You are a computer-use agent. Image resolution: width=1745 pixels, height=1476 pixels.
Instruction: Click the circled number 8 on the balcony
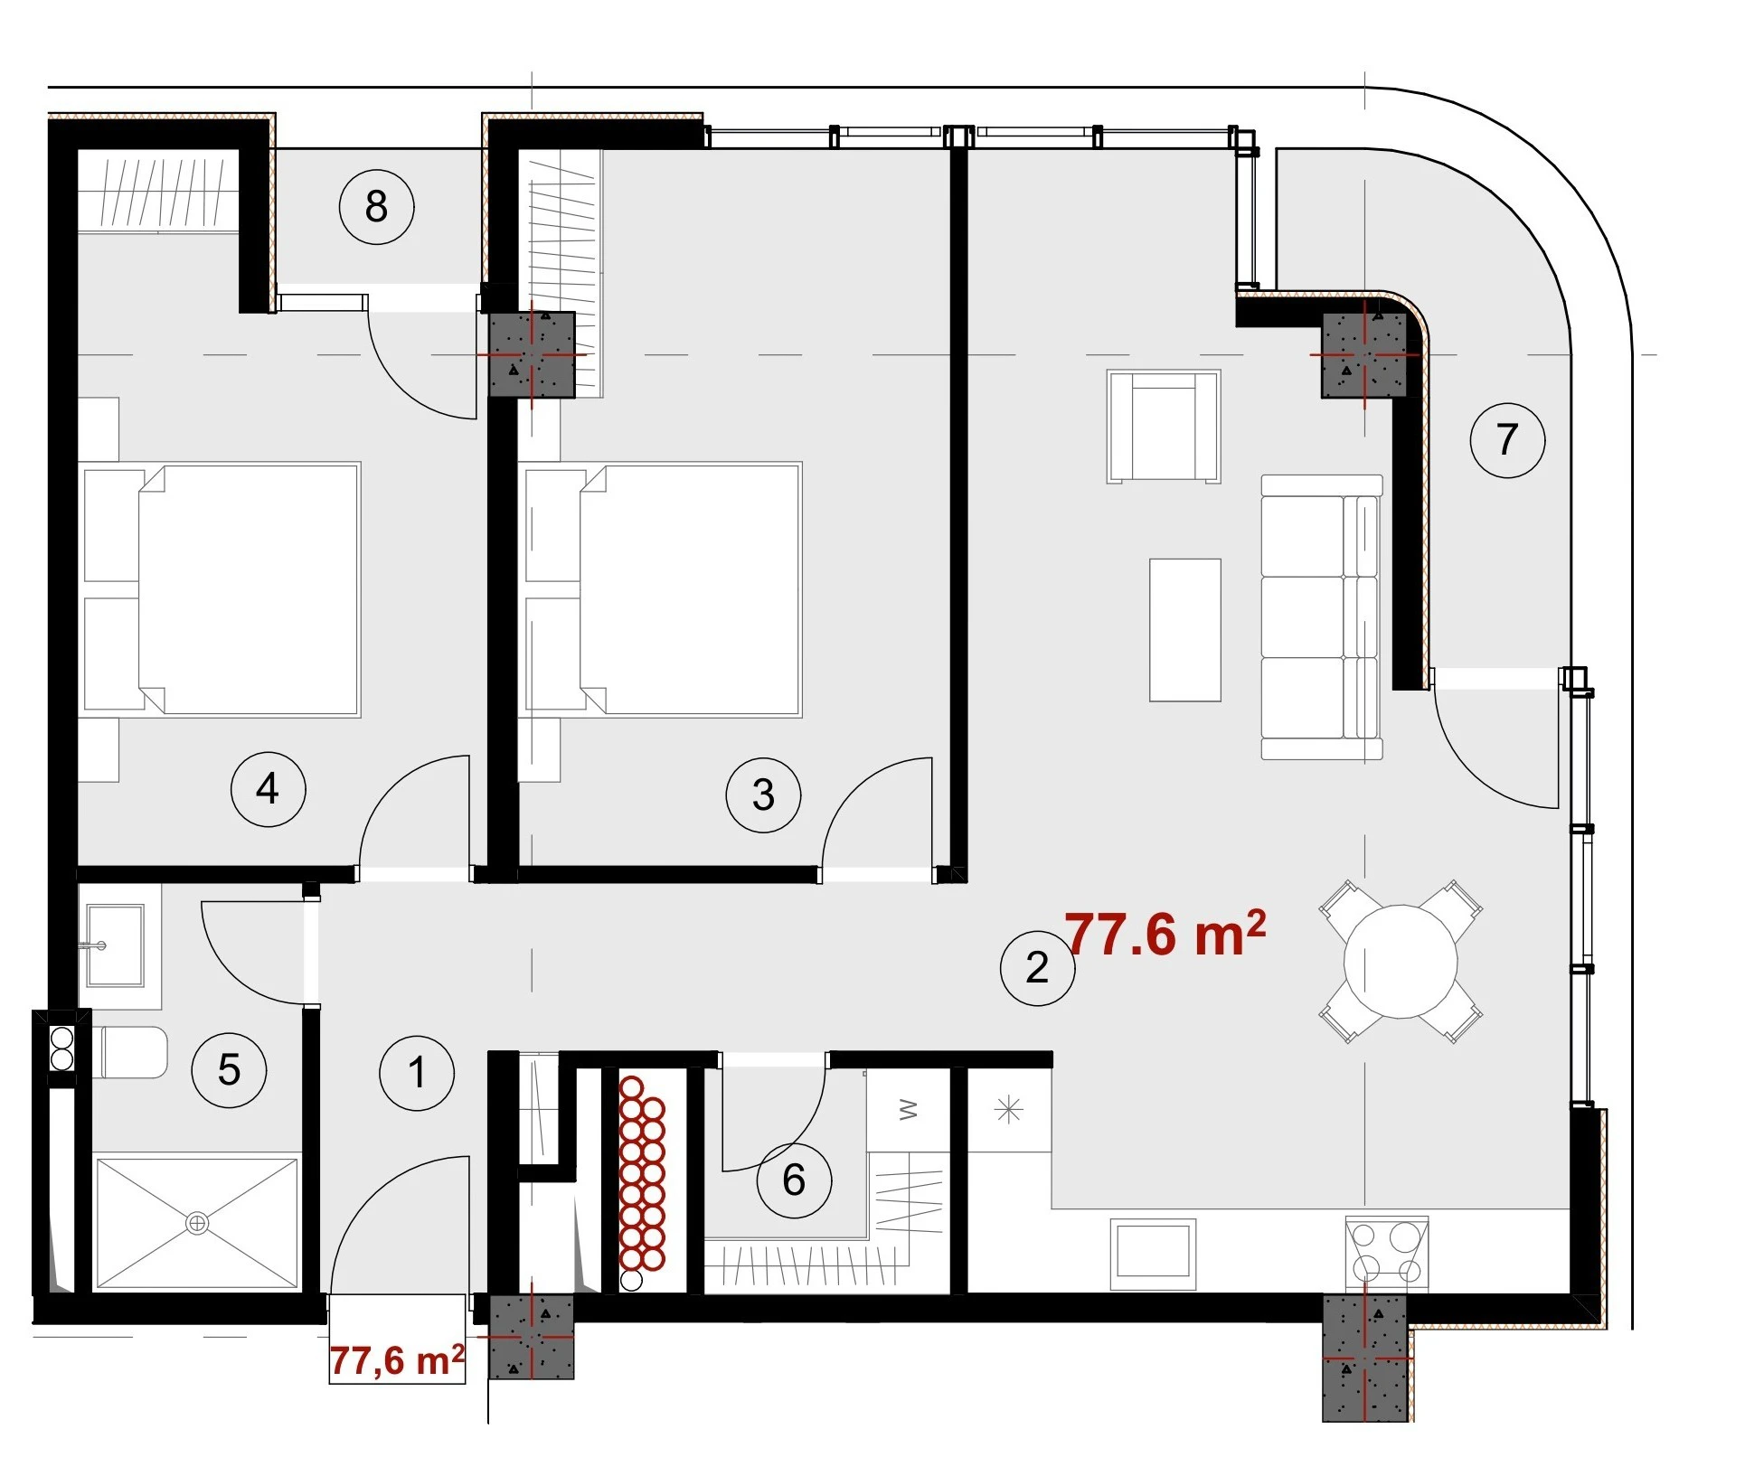[377, 207]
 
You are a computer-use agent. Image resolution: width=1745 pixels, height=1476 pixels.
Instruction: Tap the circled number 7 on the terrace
[1507, 440]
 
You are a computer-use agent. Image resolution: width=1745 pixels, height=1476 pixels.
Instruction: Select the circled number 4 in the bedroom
[269, 789]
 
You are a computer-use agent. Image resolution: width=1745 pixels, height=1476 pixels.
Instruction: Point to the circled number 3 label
[763, 795]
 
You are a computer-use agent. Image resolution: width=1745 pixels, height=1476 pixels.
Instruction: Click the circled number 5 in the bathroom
[230, 1070]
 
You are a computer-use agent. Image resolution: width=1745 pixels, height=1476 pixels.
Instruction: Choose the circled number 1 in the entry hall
[417, 1073]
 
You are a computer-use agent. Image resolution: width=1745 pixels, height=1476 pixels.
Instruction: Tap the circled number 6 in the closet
[794, 1180]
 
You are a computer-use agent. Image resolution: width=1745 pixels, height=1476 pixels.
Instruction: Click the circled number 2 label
[1038, 968]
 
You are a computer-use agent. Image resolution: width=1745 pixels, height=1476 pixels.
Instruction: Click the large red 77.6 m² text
[1165, 933]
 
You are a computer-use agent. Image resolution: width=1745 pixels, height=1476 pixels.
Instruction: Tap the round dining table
[1401, 962]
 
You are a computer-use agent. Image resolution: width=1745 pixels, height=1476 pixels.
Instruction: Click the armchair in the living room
[1164, 427]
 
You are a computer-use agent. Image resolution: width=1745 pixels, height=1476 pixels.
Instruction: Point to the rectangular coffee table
[1185, 630]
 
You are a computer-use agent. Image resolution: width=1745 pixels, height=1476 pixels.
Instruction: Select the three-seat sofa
[1322, 617]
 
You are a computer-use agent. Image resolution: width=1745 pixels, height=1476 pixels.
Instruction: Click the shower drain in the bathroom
[197, 1224]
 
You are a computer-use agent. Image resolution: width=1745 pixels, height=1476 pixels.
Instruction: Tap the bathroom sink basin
[115, 945]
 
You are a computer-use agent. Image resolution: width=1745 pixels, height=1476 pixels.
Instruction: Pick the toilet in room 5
[130, 1052]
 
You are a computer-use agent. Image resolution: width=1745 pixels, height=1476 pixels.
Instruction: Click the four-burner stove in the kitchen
[1387, 1252]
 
